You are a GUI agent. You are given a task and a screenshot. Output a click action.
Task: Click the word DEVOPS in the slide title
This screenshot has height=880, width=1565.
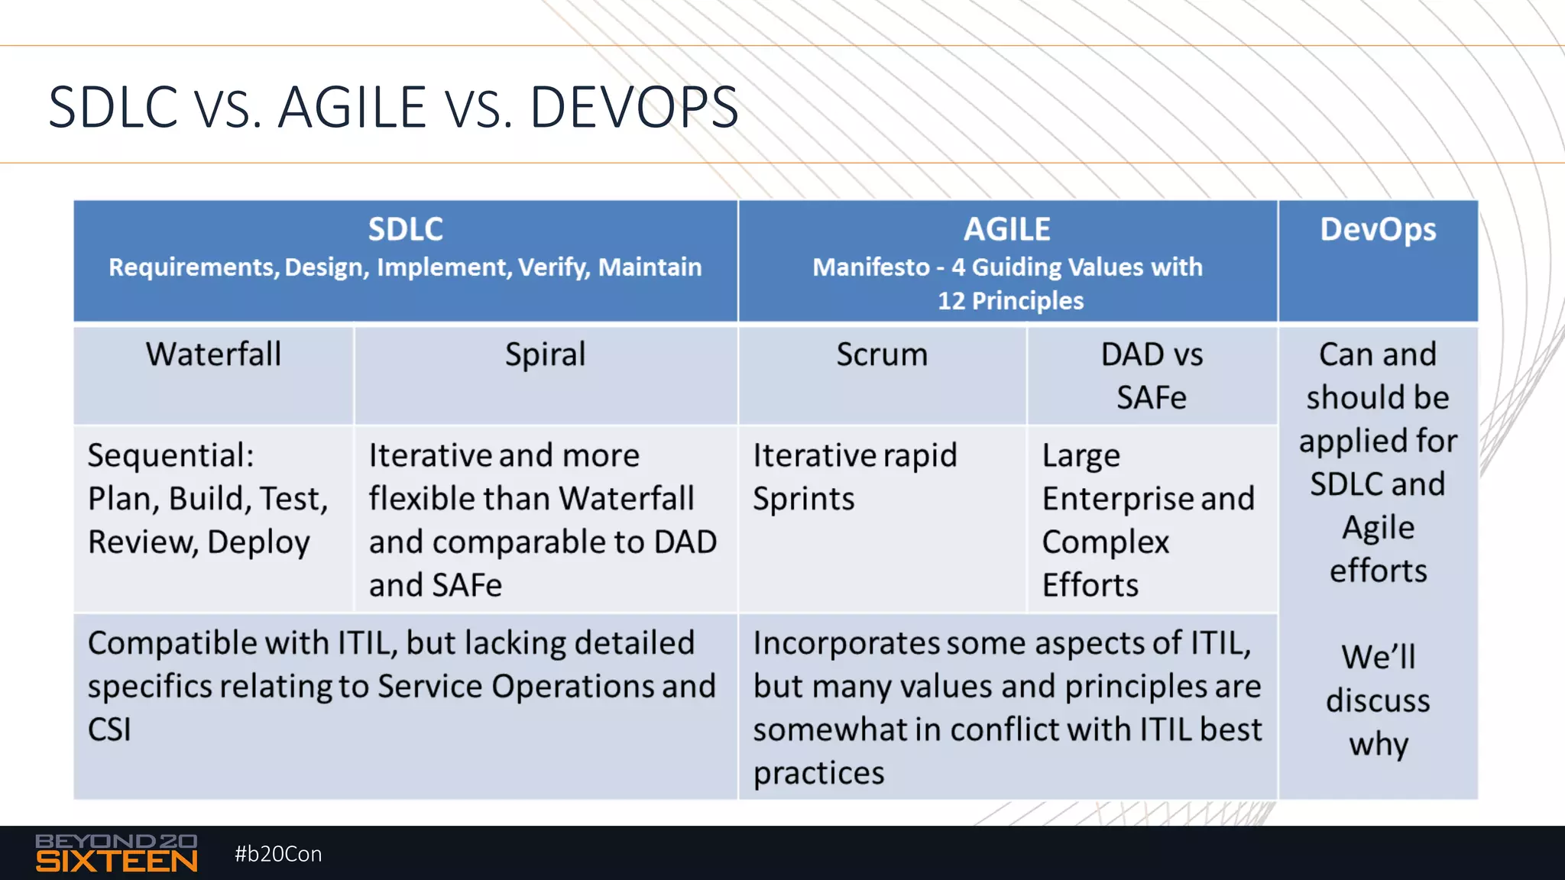click(x=633, y=107)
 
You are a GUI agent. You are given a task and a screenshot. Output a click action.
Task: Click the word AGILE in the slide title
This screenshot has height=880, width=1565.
click(x=352, y=107)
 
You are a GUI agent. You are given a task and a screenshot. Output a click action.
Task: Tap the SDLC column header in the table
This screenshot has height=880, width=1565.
click(x=405, y=229)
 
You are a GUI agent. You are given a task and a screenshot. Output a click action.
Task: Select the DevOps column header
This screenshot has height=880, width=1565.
click(x=1378, y=229)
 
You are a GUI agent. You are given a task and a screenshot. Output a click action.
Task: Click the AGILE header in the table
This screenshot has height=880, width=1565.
click(x=1006, y=229)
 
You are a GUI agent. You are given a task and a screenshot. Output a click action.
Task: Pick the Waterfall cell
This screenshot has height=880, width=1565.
click(x=214, y=354)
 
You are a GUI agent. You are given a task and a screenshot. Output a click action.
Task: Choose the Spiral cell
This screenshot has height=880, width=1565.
click(x=545, y=354)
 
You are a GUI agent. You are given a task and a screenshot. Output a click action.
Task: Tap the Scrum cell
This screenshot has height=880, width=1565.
click(x=882, y=354)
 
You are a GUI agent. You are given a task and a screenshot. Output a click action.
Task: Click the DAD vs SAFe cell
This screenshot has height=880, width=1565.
click(x=1152, y=376)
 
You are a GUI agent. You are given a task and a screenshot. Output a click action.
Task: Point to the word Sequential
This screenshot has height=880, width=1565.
click(x=170, y=456)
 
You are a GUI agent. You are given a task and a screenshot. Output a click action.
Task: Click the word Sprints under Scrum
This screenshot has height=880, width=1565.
click(x=803, y=499)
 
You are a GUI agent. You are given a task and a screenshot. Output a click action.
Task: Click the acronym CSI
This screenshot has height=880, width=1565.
click(x=109, y=730)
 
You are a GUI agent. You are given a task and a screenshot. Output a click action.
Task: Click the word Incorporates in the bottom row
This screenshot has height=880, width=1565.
click(x=846, y=643)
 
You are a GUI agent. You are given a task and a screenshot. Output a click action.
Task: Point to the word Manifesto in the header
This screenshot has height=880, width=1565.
click(x=870, y=267)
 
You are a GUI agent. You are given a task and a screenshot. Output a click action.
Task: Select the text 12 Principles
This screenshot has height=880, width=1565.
click(x=1010, y=301)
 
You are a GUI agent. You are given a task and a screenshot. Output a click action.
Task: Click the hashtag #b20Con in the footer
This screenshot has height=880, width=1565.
click(x=278, y=854)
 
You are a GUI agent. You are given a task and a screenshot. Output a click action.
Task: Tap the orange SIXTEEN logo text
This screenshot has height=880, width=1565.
click(x=116, y=862)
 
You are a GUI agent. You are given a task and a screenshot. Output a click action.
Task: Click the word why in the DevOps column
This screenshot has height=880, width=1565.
click(x=1378, y=744)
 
